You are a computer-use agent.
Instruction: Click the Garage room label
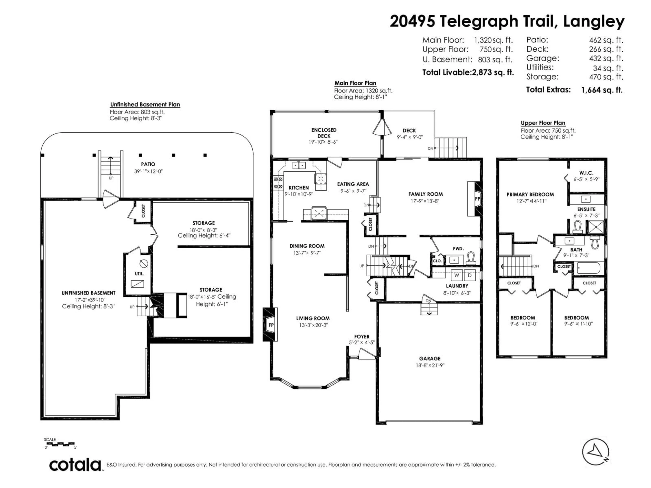tap(430, 358)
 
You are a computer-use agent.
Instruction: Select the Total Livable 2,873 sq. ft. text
tap(468, 72)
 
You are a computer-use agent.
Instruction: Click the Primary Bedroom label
tap(530, 194)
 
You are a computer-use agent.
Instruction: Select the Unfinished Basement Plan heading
tap(145, 104)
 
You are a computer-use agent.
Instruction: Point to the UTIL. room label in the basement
tap(139, 273)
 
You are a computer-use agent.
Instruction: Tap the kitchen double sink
tap(299, 165)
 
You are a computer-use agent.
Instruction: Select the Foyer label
tap(362, 337)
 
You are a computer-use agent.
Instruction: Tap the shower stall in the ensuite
tap(595, 227)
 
